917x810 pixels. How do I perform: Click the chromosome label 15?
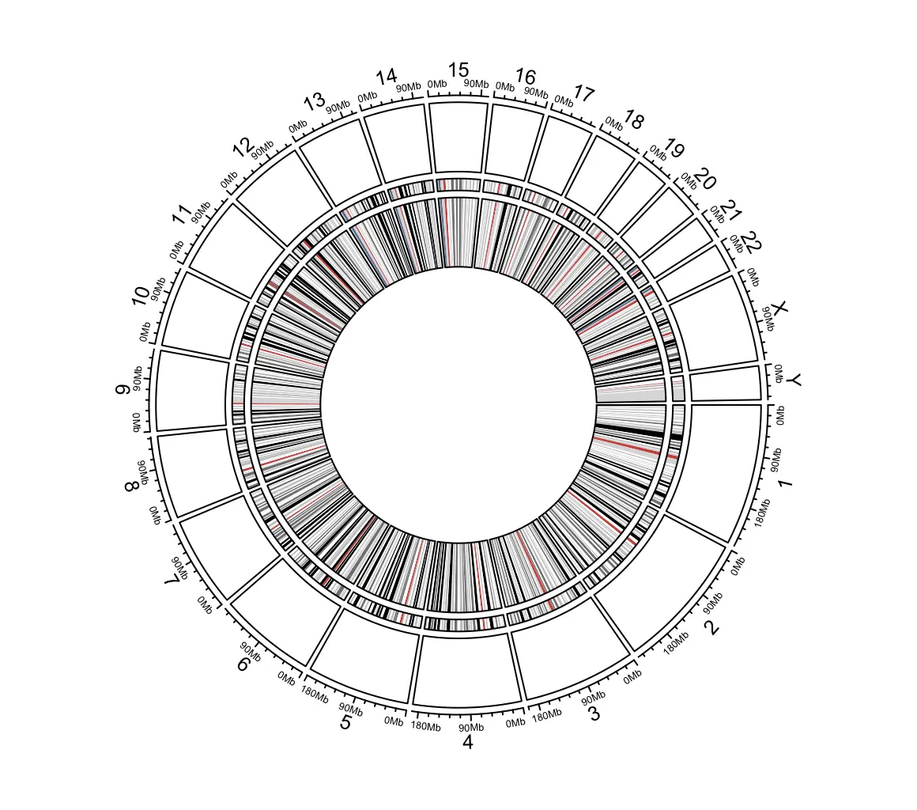click(x=458, y=70)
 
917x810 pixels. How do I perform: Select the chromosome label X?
click(x=780, y=308)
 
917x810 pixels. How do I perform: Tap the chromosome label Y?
click(x=794, y=381)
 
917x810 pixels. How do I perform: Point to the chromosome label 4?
click(x=467, y=742)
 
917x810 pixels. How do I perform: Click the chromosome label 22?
click(x=749, y=242)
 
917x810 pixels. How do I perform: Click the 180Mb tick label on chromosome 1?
click(x=763, y=513)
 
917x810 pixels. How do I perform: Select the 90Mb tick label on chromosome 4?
click(x=471, y=728)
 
